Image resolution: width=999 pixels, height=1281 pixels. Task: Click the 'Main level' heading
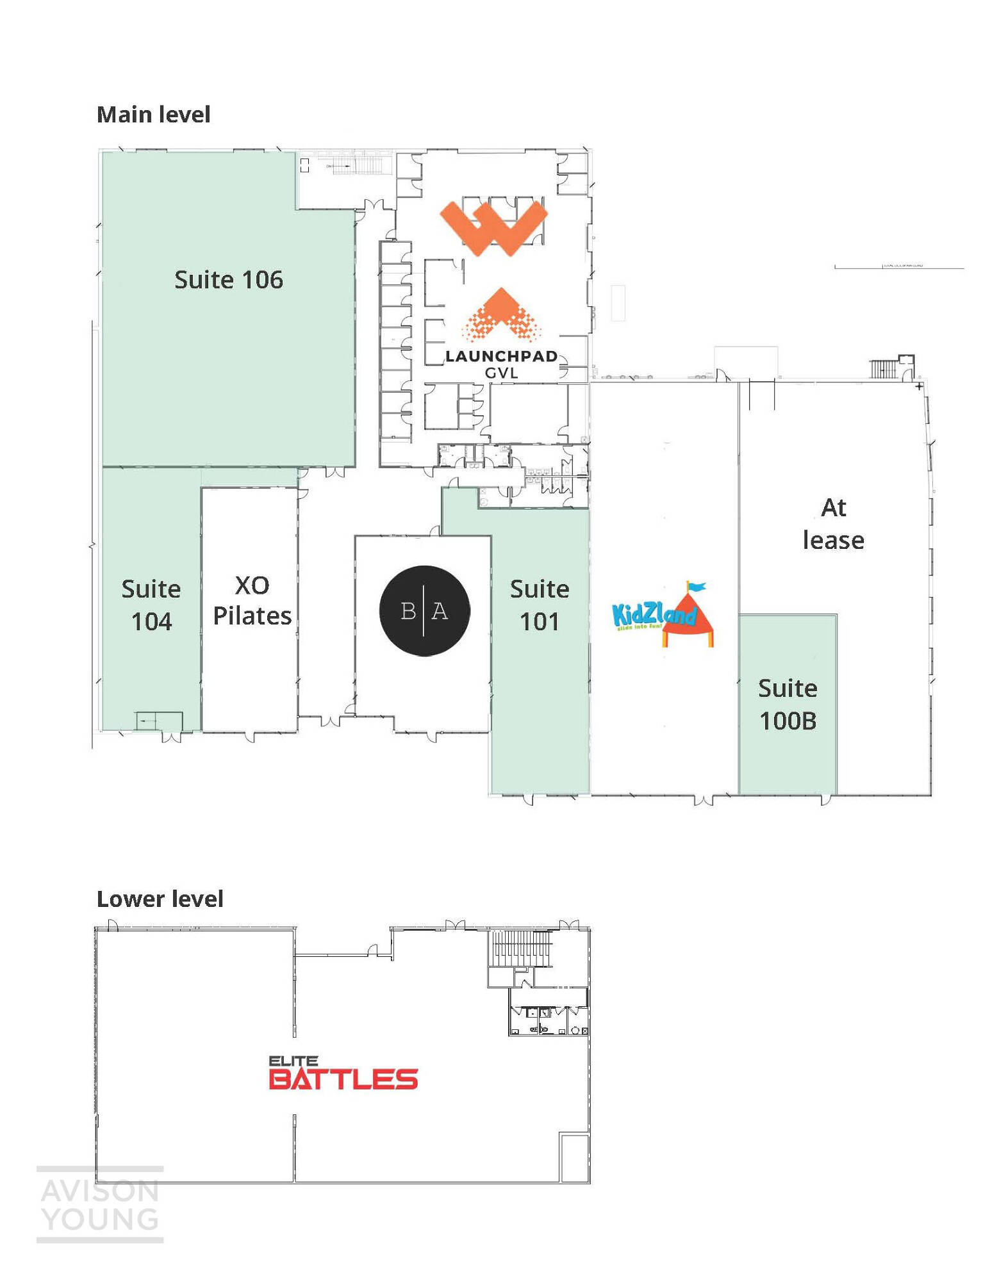[153, 115]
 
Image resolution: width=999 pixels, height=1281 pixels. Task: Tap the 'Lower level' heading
[160, 899]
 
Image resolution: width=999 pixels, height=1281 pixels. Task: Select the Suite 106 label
[229, 280]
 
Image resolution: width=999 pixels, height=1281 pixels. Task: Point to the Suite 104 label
[151, 605]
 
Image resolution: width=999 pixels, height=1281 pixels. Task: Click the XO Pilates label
[252, 600]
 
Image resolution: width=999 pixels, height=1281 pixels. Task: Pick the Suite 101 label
[540, 605]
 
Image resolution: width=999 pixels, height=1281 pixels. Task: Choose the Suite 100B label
[788, 704]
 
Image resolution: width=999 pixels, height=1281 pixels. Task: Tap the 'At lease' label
[833, 524]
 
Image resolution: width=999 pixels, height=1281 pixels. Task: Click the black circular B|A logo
[424, 610]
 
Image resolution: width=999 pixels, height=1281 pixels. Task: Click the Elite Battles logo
[343, 1073]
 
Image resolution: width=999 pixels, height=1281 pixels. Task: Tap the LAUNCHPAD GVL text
[501, 364]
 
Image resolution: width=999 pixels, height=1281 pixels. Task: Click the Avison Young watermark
[100, 1205]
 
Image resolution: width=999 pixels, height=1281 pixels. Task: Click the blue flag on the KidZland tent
[697, 586]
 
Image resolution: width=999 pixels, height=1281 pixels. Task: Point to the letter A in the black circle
[440, 611]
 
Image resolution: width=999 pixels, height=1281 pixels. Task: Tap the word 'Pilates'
[252, 616]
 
